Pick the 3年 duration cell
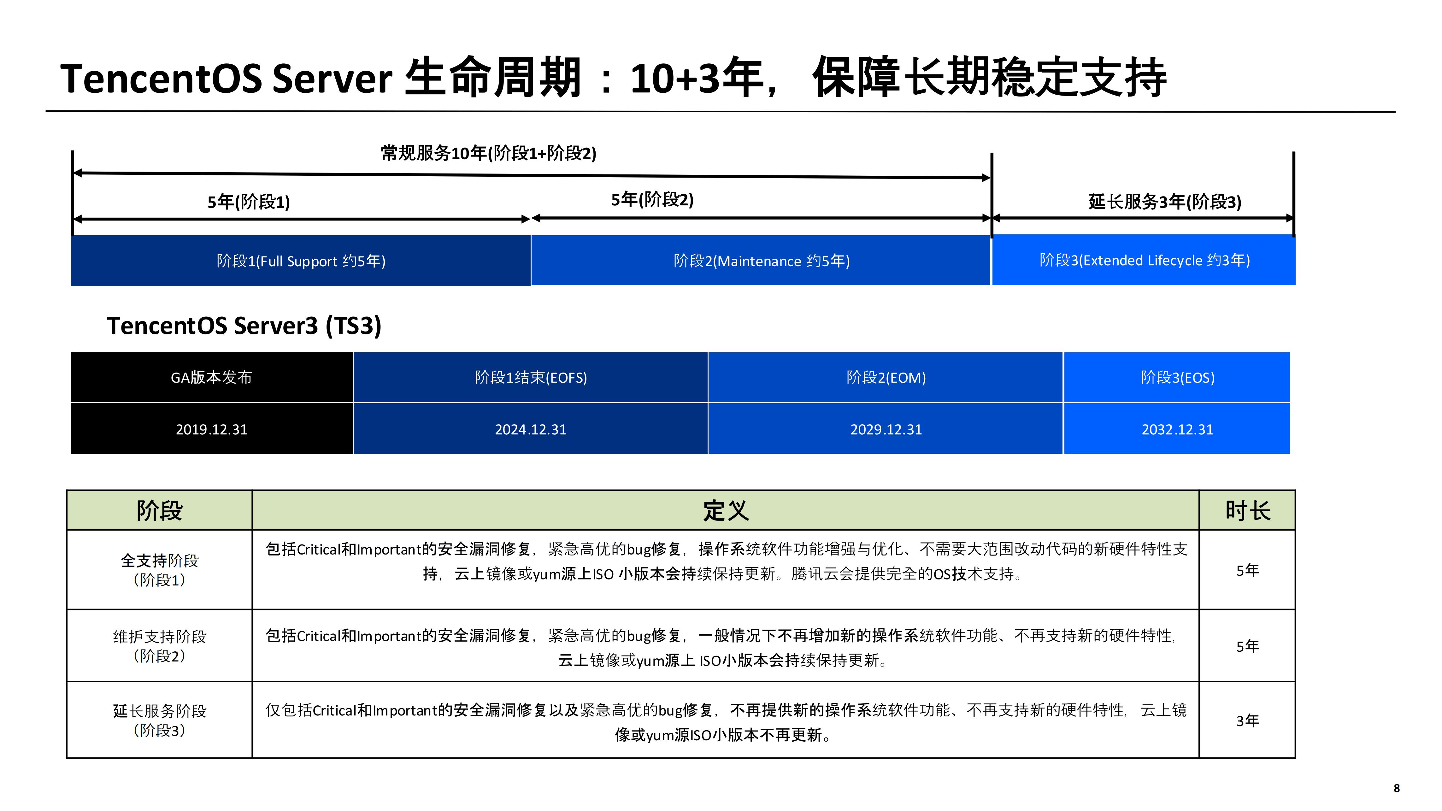click(x=1247, y=720)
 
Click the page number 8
click(x=1396, y=788)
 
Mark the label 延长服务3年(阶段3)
click(x=1164, y=202)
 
